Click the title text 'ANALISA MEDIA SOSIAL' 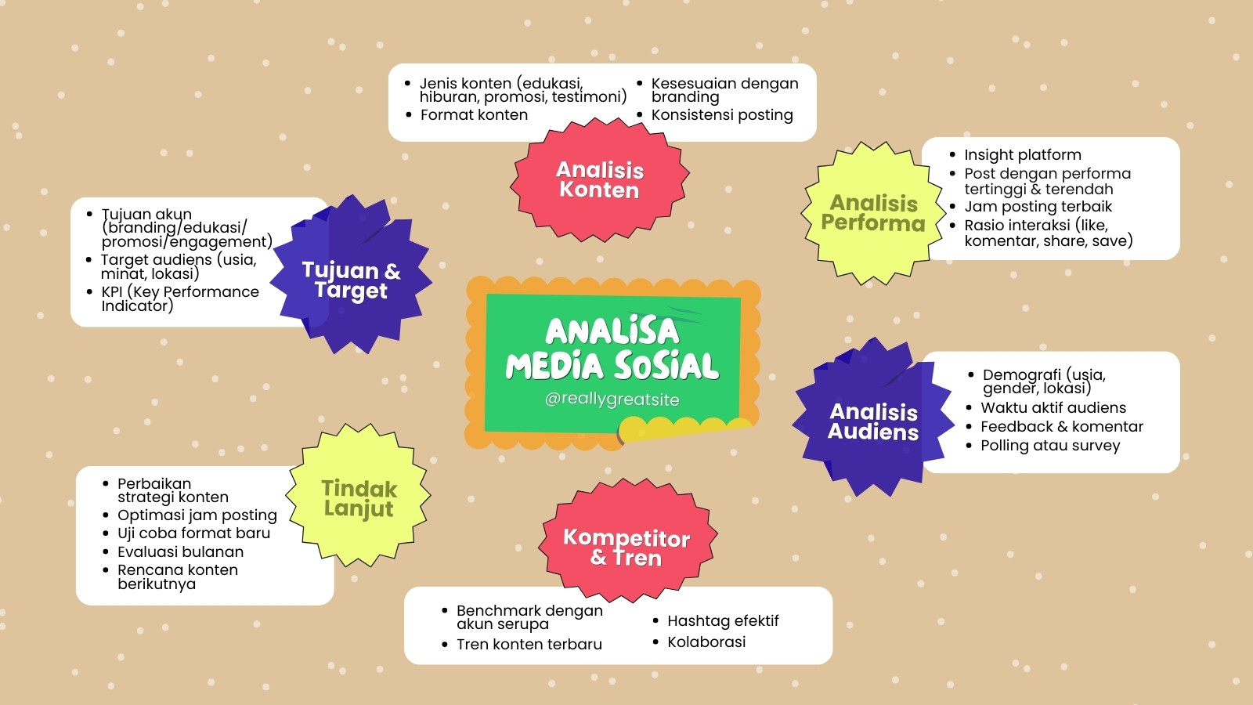coord(612,349)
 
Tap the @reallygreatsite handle coord(612,399)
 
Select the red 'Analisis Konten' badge coord(599,179)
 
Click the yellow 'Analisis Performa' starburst coord(873,213)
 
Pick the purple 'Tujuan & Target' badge coord(351,275)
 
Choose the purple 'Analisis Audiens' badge coord(873,418)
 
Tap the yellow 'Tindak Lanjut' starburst coord(359,495)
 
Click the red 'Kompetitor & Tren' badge coord(627,540)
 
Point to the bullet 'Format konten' coord(474,114)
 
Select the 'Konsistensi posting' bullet coord(722,114)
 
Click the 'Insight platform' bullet coord(1023,154)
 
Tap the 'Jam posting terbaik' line coord(1038,207)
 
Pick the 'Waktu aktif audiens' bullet coord(1053,407)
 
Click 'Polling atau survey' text coord(1050,446)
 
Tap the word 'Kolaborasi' coord(706,642)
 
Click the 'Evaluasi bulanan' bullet coord(180,551)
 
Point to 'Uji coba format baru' coord(193,533)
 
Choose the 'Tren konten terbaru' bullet coord(529,644)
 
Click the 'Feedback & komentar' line coord(1062,426)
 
